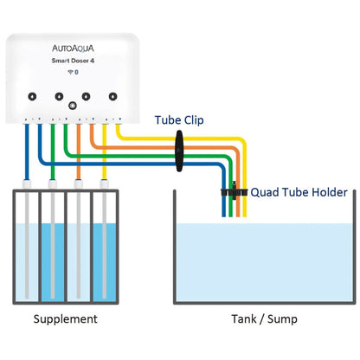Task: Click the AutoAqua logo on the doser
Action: [x=73, y=48]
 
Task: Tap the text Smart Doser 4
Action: [x=73, y=61]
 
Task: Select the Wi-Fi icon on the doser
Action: [x=70, y=72]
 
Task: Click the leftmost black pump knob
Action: [x=32, y=96]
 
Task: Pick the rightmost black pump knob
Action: [x=112, y=96]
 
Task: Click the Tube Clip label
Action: [x=179, y=120]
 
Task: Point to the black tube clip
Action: [x=179, y=151]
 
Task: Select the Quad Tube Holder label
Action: [x=299, y=192]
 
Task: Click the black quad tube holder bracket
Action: [x=234, y=191]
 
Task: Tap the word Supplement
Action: [x=66, y=319]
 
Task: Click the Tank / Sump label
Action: [x=264, y=319]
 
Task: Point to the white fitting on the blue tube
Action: [x=27, y=183]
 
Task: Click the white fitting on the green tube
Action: [x=53, y=183]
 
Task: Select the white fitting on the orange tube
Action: [x=79, y=183]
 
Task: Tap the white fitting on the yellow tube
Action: [x=104, y=183]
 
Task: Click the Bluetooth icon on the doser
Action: [x=76, y=72]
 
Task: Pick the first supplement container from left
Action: [x=26, y=247]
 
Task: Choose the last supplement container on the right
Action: [x=105, y=247]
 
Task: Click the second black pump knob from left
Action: [x=59, y=96]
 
